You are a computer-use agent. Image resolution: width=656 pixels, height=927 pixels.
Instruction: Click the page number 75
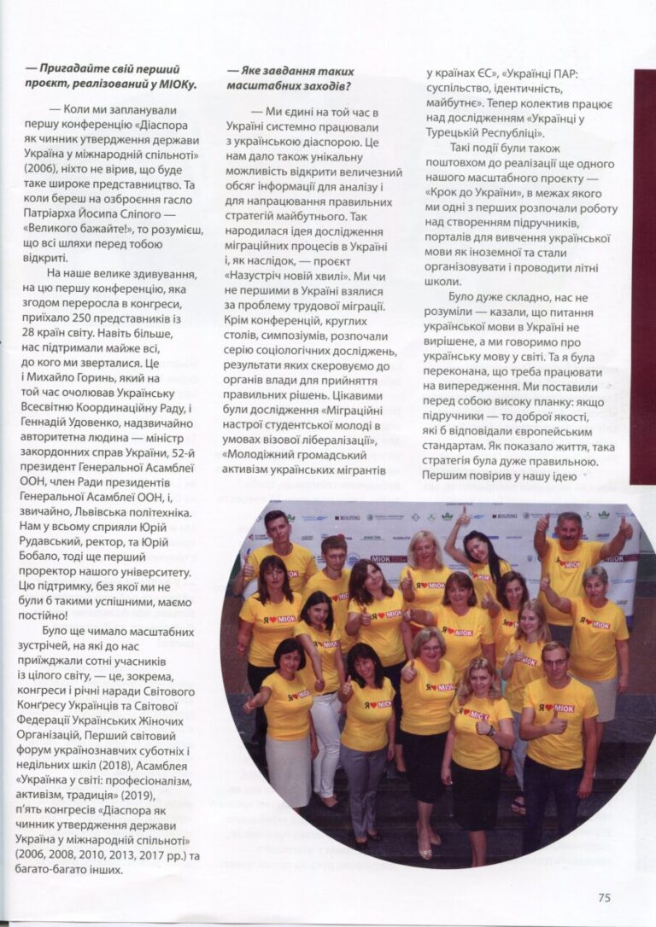pyautogui.click(x=604, y=897)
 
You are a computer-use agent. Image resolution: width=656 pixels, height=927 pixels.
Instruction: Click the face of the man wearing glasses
pyautogui.click(x=556, y=659)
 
